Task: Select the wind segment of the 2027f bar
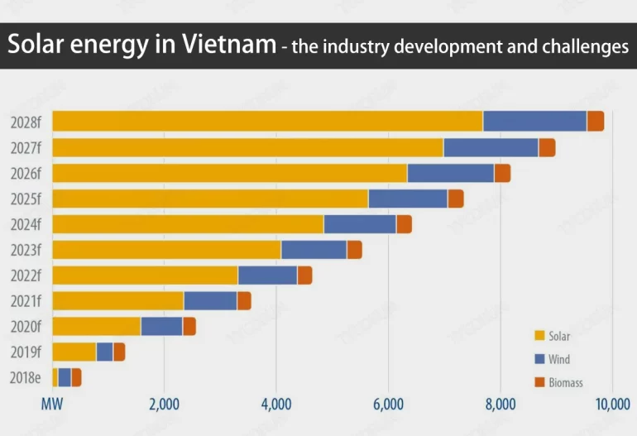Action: (491, 147)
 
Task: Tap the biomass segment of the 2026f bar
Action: (502, 173)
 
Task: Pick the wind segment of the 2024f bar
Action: (360, 224)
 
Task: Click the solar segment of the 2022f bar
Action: (145, 275)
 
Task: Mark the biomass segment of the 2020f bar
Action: (189, 326)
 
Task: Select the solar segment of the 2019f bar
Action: (74, 352)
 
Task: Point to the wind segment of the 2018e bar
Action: (65, 377)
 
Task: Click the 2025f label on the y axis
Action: (26, 199)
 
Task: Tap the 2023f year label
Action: (26, 250)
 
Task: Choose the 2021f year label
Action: (26, 301)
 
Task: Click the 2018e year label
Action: (26, 377)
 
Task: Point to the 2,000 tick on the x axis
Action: (164, 405)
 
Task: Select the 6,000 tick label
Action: (388, 405)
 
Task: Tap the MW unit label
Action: (52, 405)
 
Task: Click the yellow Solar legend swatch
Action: (539, 336)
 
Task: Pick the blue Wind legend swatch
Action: (539, 359)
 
